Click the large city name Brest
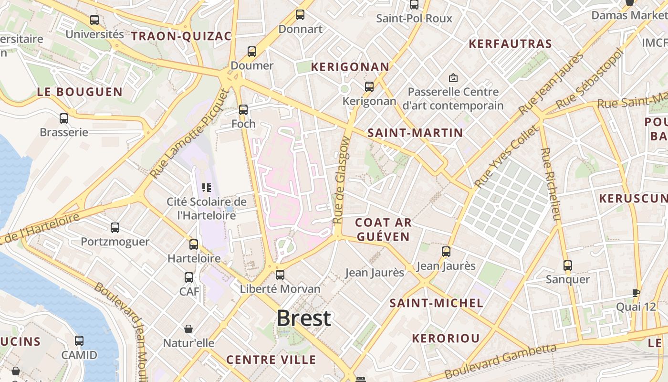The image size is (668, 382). click(303, 318)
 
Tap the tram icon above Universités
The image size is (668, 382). click(94, 20)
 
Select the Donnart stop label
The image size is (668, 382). click(300, 29)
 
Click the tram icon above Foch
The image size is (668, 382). click(243, 110)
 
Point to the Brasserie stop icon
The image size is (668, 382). click(64, 118)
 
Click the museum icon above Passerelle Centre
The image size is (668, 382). click(453, 77)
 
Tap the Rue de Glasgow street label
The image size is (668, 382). click(342, 180)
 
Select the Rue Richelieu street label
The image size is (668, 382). click(550, 184)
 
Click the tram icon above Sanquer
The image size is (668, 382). click(567, 265)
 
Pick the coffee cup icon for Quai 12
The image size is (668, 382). click(636, 293)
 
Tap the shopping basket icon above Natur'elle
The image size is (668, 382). click(188, 329)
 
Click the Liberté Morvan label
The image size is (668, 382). click(280, 289)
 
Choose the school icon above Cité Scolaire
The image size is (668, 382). click(207, 188)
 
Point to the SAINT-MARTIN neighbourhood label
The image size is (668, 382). click(415, 133)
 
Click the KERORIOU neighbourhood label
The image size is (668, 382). click(446, 339)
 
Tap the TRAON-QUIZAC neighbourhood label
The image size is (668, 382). click(181, 36)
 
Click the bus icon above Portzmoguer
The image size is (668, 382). click(115, 228)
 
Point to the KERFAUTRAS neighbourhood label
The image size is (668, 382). click(510, 44)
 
